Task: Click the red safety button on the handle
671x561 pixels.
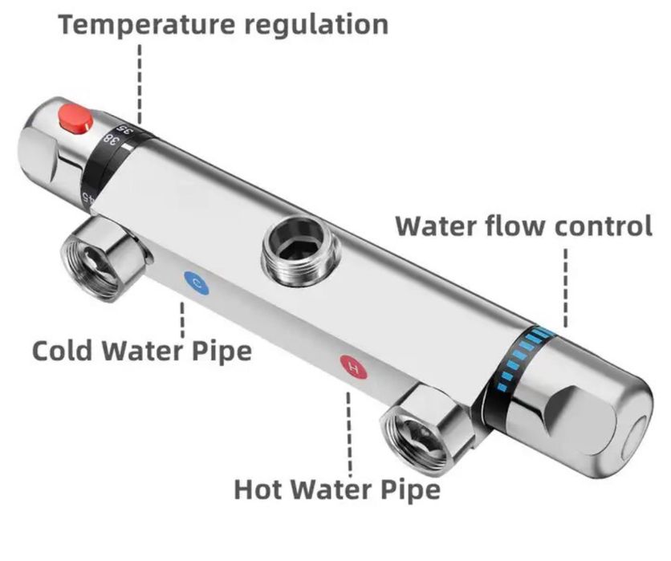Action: [x=74, y=121]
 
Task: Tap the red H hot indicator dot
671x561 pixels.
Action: [x=352, y=367]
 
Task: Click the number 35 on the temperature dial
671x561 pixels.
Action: [x=124, y=128]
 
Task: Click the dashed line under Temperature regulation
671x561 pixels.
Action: [x=140, y=80]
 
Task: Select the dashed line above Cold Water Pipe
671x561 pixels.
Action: [x=183, y=319]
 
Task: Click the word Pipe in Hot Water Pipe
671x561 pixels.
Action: [x=410, y=488]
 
